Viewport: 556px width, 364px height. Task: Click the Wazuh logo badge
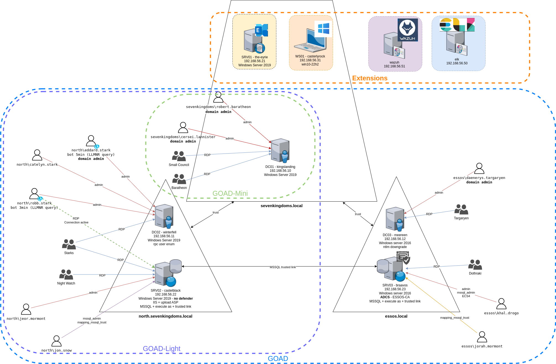pyautogui.click(x=408, y=30)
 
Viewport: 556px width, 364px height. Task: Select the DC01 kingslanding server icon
pyautogui.click(x=280, y=151)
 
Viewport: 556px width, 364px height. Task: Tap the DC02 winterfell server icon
pyautogui.click(x=164, y=216)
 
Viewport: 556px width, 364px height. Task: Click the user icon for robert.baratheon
pyautogui.click(x=218, y=97)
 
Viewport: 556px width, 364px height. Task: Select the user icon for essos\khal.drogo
pyautogui.click(x=501, y=304)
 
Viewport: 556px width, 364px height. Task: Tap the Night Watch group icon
pyautogui.click(x=66, y=275)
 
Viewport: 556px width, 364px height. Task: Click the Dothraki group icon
pyautogui.click(x=475, y=265)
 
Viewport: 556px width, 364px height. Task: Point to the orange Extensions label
pyautogui.click(x=370, y=78)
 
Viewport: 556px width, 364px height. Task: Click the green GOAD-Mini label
pyautogui.click(x=230, y=193)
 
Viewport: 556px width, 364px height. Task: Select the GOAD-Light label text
pyautogui.click(x=161, y=349)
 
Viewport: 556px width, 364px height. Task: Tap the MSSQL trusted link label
pyautogui.click(x=282, y=267)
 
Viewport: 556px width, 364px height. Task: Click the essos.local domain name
pyautogui.click(x=396, y=316)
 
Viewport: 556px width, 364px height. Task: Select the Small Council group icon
pyautogui.click(x=179, y=156)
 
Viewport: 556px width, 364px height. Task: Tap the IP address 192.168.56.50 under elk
pyautogui.click(x=457, y=63)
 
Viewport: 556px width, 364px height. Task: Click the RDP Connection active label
pyautogui.click(x=76, y=220)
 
